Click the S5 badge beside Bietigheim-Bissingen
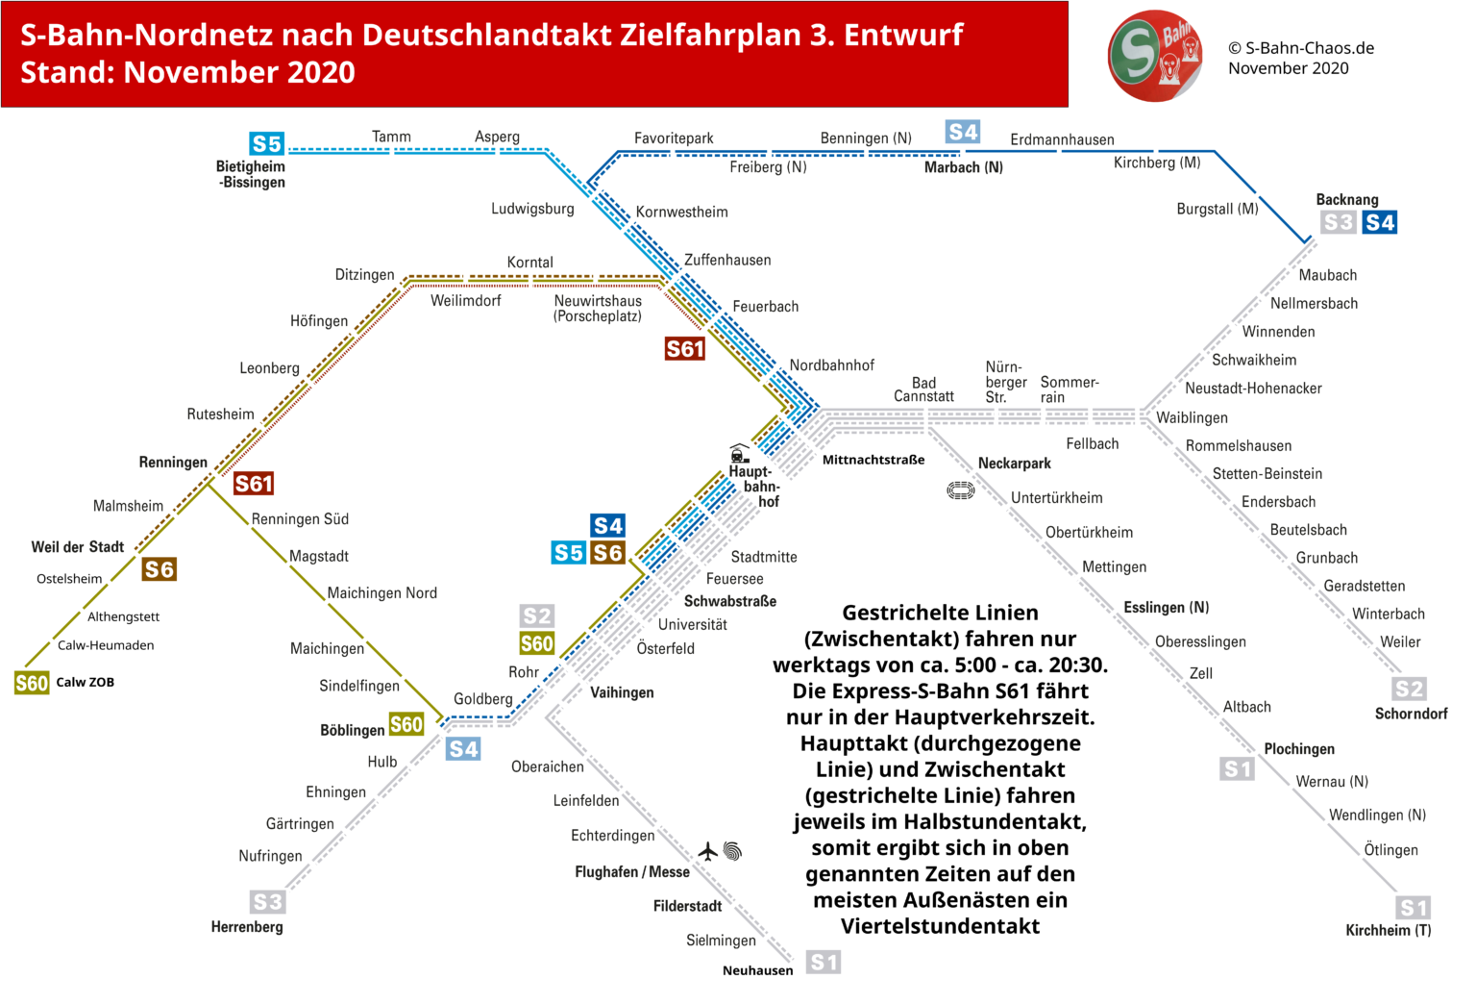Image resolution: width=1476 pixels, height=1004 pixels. (x=266, y=144)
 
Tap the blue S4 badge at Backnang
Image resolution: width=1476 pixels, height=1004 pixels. (x=1379, y=223)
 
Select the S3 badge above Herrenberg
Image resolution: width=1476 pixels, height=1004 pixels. (x=267, y=902)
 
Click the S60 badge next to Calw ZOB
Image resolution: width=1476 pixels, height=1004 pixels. (x=32, y=683)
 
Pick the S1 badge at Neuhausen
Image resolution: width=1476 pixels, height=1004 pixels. (x=824, y=962)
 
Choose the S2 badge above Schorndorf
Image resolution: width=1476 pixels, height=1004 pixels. (x=1409, y=689)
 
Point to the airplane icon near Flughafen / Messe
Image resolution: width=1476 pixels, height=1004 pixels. (x=708, y=851)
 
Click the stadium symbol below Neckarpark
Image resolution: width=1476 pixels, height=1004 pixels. (x=960, y=490)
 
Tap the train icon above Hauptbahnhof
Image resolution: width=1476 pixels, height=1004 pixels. (x=739, y=453)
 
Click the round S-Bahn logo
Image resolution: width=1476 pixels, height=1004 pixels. (x=1155, y=55)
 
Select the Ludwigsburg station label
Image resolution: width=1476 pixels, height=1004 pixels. (x=532, y=209)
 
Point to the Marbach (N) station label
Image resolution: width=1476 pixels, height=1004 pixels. (x=963, y=167)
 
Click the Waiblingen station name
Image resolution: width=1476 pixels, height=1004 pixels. (x=1192, y=417)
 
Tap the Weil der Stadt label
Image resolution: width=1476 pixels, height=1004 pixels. (x=78, y=547)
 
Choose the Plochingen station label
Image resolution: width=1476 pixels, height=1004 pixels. (x=1298, y=749)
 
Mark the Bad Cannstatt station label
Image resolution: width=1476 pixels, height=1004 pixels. (x=923, y=389)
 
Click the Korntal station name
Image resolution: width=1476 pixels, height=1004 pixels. (x=529, y=263)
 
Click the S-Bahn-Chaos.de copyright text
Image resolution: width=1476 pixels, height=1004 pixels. (x=1301, y=48)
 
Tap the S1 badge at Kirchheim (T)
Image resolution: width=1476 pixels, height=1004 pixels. (x=1413, y=908)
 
